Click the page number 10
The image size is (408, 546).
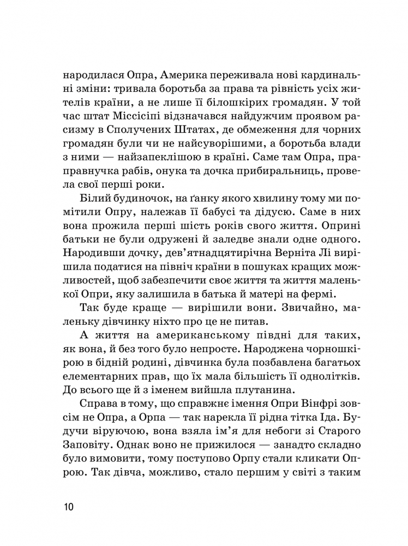tap(69, 507)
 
